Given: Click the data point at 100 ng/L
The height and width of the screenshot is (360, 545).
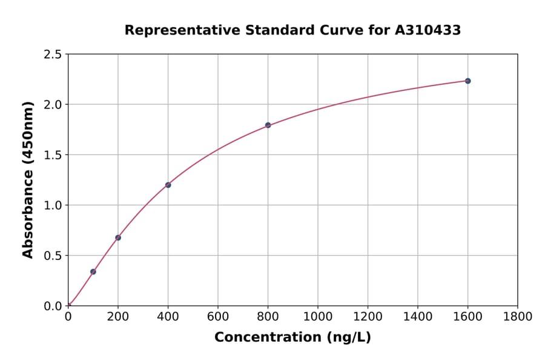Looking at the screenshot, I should click(x=93, y=272).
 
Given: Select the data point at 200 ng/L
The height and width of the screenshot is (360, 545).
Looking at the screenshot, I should click(x=118, y=238).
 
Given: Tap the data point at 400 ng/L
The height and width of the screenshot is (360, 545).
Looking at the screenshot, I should click(x=168, y=185).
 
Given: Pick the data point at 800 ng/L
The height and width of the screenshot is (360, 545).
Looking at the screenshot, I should click(x=268, y=125).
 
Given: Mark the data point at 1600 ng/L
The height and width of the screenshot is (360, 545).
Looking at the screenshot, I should click(x=467, y=81).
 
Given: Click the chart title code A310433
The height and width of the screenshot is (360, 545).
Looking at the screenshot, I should click(x=428, y=30).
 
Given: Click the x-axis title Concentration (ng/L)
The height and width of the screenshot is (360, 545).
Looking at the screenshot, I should click(x=292, y=338).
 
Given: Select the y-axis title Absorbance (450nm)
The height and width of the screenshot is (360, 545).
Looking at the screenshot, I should click(x=28, y=179).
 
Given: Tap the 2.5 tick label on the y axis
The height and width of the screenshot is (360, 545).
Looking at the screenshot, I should click(x=53, y=55).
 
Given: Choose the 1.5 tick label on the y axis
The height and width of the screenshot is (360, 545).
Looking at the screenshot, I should click(x=53, y=155).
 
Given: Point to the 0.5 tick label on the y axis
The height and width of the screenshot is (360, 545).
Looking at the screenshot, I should click(x=53, y=256).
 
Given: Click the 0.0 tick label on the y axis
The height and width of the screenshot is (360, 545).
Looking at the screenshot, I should click(x=53, y=306).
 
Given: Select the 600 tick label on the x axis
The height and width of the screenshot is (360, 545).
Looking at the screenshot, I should click(x=218, y=316).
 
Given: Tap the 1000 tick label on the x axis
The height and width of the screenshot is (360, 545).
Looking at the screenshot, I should click(x=318, y=316).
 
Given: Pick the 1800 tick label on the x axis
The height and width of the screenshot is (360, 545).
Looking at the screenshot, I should click(x=518, y=316).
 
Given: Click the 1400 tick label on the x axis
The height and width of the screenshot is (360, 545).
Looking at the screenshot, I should click(x=418, y=316).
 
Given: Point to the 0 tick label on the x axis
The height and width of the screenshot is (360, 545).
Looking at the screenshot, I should click(x=68, y=316).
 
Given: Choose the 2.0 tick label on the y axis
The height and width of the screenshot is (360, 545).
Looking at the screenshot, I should click(x=53, y=105).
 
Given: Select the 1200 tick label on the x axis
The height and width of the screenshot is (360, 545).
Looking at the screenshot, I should click(x=368, y=316).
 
